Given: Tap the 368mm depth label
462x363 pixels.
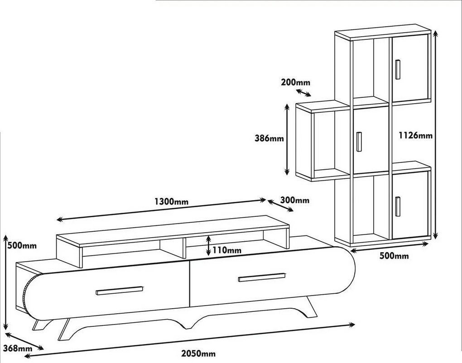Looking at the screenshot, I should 17,348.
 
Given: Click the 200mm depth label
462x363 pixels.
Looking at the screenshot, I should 295,82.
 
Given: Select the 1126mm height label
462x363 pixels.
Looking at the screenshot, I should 415,135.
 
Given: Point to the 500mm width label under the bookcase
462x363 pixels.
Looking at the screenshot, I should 394,256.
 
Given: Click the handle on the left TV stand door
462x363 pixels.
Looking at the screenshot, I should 119,290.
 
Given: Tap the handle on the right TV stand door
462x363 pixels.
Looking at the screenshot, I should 261,277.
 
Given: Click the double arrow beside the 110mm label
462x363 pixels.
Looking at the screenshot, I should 208,245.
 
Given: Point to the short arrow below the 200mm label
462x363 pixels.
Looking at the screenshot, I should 303,92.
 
